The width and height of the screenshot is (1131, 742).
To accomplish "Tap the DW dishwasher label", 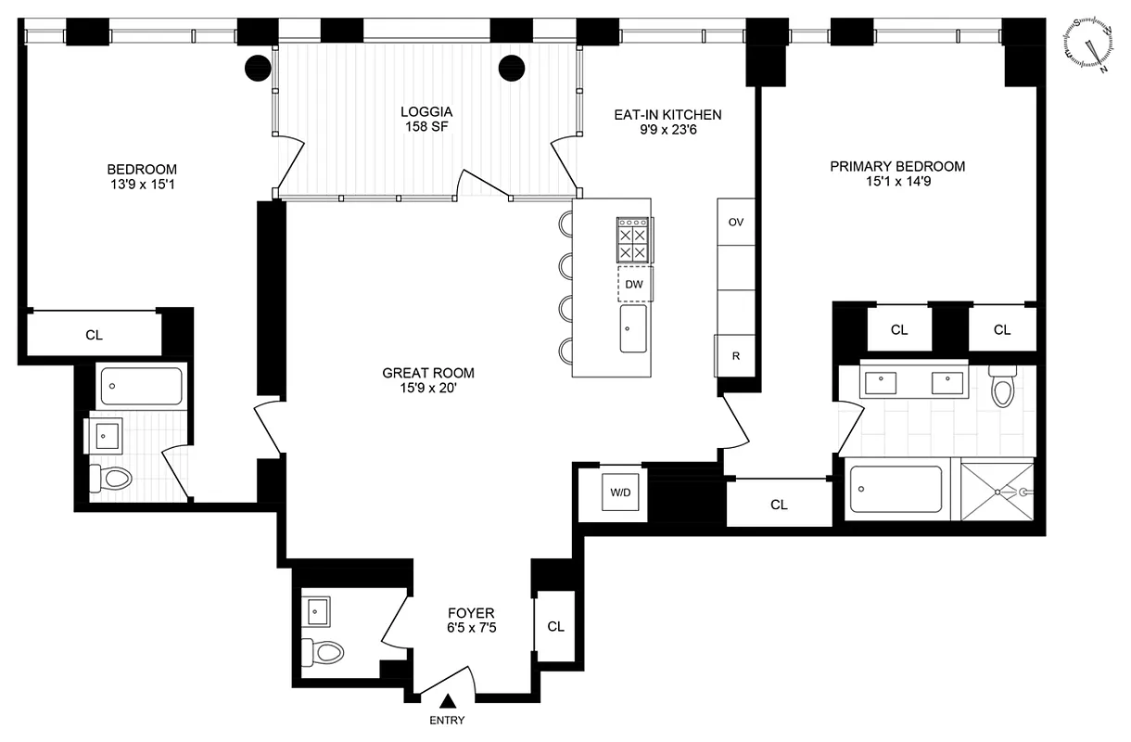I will pos(634,285).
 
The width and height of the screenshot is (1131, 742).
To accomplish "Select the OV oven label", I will pos(736,223).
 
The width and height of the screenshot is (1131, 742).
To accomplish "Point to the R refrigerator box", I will pos(735,355).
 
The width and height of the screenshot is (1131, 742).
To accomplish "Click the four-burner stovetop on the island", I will pos(632,239).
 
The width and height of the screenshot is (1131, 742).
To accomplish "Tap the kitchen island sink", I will pos(634,328).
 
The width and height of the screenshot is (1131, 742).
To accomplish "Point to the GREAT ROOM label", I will pos(428,373).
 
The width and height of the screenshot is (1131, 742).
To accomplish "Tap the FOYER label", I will pos(471,613).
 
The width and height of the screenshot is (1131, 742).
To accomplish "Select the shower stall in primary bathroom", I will pos(997,492).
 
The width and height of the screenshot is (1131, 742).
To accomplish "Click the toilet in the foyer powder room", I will pos(324,652).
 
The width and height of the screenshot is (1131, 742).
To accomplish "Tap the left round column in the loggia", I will pos(257,68).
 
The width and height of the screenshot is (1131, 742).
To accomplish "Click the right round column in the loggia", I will pos(512,68).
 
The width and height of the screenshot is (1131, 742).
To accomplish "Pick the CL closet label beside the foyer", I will pos(555,626).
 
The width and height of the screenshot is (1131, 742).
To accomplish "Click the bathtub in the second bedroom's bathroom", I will pos(141,384).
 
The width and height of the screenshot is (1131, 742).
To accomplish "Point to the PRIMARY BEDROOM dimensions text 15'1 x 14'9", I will pos(896,184).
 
